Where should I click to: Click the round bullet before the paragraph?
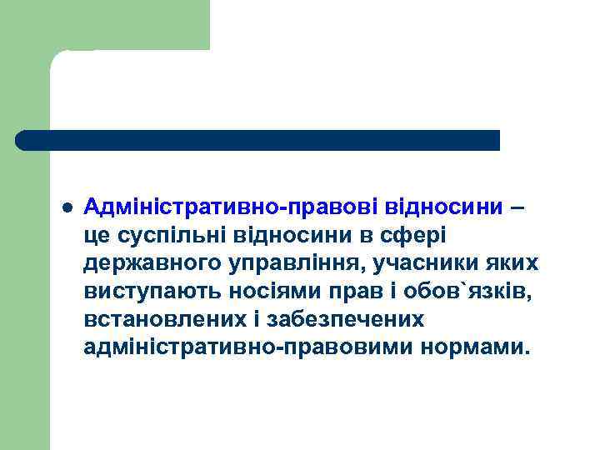click(x=67, y=206)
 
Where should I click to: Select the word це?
click(x=96, y=236)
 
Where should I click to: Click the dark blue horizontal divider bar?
click(x=258, y=140)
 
